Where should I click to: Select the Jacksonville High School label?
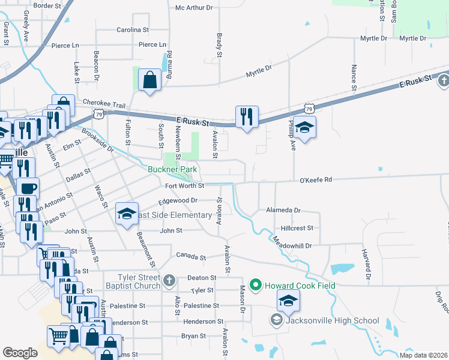click(x=333, y=320)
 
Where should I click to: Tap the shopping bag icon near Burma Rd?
click(x=149, y=80)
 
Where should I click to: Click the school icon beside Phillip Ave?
click(x=305, y=128)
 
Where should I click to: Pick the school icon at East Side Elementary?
click(x=127, y=214)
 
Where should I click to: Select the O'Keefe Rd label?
click(x=316, y=180)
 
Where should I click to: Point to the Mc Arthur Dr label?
click(x=194, y=8)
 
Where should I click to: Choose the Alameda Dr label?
click(x=283, y=211)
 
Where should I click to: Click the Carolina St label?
click(x=132, y=29)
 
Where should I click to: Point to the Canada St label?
click(x=191, y=257)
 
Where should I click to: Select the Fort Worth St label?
click(x=185, y=185)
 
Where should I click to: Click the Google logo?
click(x=20, y=352)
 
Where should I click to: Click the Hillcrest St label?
click(x=297, y=228)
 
